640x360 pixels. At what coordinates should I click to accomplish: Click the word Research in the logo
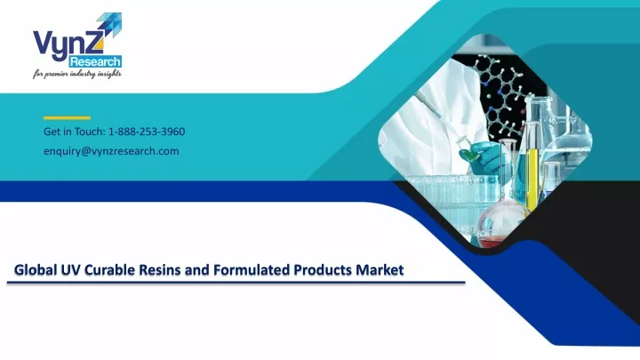click(95, 62)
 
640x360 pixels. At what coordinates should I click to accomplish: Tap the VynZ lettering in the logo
click(68, 44)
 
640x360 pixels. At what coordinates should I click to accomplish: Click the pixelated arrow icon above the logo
click(109, 25)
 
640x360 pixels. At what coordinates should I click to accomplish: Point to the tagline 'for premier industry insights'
click(77, 74)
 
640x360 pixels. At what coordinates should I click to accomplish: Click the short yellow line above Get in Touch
click(67, 118)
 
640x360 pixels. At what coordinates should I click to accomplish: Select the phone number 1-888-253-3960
click(147, 132)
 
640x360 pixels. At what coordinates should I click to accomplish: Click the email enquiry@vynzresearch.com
click(111, 151)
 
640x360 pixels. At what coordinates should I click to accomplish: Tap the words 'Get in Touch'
click(75, 132)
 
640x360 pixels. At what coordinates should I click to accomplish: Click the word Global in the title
click(35, 270)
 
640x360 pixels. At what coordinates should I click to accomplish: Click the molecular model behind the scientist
click(502, 94)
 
